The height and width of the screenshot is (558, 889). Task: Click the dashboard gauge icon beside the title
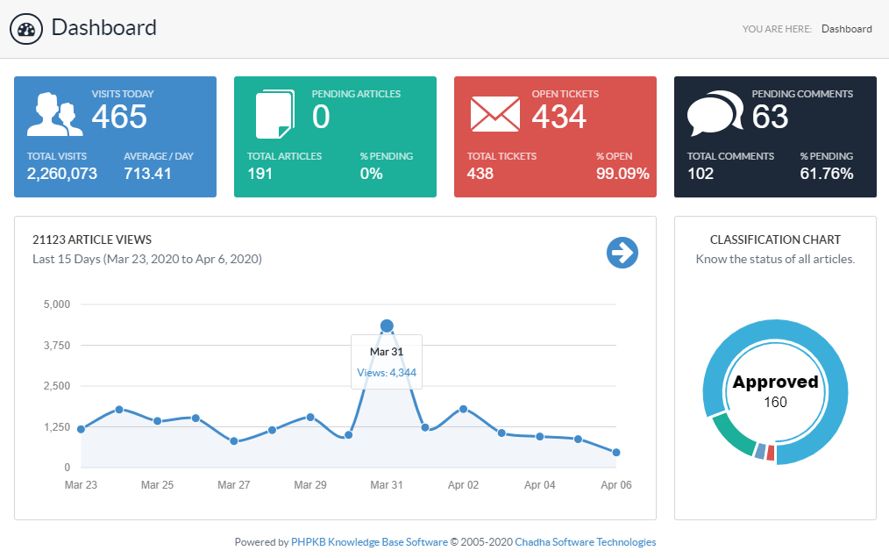(26, 29)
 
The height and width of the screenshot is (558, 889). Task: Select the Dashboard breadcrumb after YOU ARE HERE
(846, 29)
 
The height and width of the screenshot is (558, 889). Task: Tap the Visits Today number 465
(119, 117)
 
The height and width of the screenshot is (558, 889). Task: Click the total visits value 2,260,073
(62, 174)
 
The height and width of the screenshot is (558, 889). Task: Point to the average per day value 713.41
(148, 174)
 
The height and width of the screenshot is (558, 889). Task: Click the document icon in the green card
(274, 115)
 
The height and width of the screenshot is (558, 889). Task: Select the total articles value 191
(260, 174)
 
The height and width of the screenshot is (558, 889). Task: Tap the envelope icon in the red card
(495, 115)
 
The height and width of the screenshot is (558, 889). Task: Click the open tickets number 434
(559, 117)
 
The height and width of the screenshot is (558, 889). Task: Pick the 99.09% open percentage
(622, 174)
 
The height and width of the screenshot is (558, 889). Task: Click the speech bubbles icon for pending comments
(715, 115)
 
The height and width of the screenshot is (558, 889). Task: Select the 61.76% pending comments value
(827, 174)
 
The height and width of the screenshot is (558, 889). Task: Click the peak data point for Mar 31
(387, 326)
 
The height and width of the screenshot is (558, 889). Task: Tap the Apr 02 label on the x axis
(463, 485)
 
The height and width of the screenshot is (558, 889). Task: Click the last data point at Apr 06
(616, 453)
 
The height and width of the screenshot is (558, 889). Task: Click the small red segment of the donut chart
(770, 454)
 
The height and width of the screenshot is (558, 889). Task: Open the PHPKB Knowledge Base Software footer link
(369, 542)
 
